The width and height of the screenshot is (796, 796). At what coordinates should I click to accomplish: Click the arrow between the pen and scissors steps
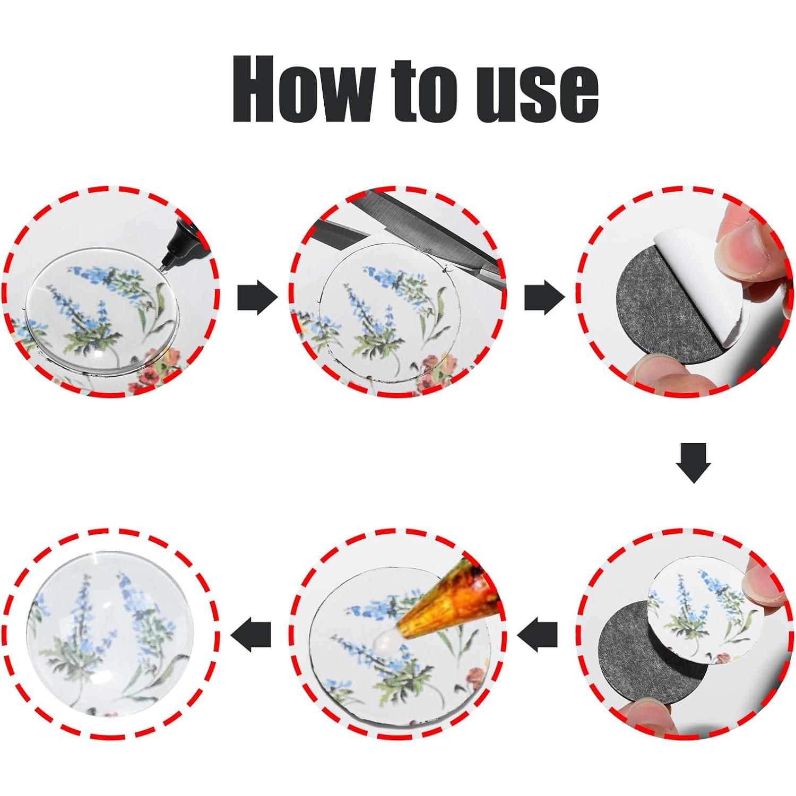257,298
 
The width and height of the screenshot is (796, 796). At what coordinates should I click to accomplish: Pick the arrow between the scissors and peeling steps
544,298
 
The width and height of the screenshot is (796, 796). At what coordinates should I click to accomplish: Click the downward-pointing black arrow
693,463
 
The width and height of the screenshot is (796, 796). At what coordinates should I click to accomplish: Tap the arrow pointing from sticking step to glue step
537,635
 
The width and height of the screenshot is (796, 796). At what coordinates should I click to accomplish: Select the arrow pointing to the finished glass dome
251,635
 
